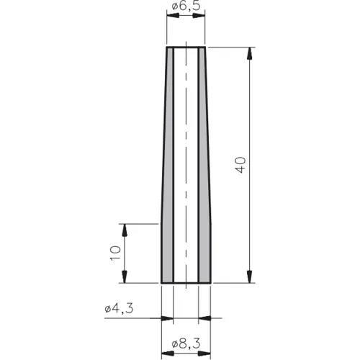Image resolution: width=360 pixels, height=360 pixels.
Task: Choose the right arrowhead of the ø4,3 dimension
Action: [203, 318]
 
